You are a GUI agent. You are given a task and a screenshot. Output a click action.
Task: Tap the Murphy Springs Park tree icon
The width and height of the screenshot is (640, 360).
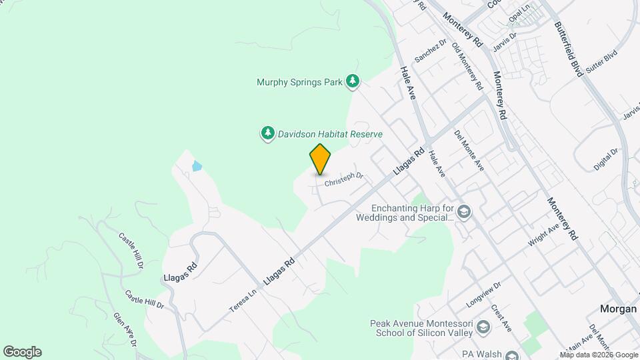pyautogui.click(x=353, y=82)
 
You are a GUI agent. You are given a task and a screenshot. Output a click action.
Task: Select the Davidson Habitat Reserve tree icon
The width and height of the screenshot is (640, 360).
pyautogui.click(x=267, y=134)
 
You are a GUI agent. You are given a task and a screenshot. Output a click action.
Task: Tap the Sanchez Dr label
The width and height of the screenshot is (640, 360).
pyautogui.click(x=430, y=50)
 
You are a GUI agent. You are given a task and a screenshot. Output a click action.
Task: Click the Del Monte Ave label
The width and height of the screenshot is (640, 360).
pyautogui.click(x=469, y=151)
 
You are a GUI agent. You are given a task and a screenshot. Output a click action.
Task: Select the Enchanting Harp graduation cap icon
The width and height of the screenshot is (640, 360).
pyautogui.click(x=464, y=213)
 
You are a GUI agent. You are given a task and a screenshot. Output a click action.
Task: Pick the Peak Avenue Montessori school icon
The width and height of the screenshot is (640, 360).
pyautogui.click(x=483, y=328)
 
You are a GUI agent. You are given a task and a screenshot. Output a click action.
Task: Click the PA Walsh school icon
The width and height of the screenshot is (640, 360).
pyautogui.click(x=511, y=355)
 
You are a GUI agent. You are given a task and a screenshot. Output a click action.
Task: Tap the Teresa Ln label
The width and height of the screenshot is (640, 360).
pyautogui.click(x=243, y=301)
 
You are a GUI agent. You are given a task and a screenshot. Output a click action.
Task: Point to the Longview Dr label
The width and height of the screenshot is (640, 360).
pyautogui.click(x=483, y=293)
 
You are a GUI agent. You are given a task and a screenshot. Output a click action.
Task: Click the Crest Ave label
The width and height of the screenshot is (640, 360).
pyautogui.click(x=501, y=319)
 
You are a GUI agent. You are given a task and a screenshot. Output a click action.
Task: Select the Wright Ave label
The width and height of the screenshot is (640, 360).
pyautogui.click(x=543, y=235)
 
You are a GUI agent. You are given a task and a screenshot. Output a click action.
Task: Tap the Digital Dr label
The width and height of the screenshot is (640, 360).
pyautogui.click(x=605, y=159)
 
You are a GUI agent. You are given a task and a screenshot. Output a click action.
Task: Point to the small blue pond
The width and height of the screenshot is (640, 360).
pyautogui.click(x=197, y=165)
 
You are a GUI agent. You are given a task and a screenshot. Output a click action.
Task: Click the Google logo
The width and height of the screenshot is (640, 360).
pyautogui.click(x=22, y=352)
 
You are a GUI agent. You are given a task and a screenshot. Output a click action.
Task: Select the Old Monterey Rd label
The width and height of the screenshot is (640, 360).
pyautogui.click(x=467, y=67)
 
